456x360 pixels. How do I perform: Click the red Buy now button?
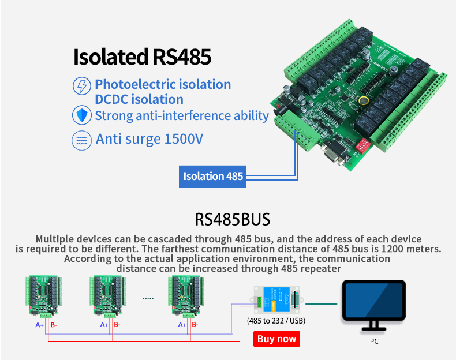[x=276, y=339]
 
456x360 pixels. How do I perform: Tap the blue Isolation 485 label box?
[x=213, y=176]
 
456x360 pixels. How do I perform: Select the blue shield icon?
[x=81, y=115]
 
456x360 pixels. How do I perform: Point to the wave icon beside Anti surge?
[x=81, y=140]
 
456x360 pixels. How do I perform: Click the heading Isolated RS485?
[x=142, y=57]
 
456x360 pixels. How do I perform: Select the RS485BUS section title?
[x=232, y=220]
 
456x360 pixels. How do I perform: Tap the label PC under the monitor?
[x=374, y=341]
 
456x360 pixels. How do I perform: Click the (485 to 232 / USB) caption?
[x=276, y=321]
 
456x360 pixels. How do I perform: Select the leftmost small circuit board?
[x=42, y=295]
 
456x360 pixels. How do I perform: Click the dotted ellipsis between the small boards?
[x=148, y=298]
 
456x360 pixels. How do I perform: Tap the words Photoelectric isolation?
[x=163, y=84]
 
